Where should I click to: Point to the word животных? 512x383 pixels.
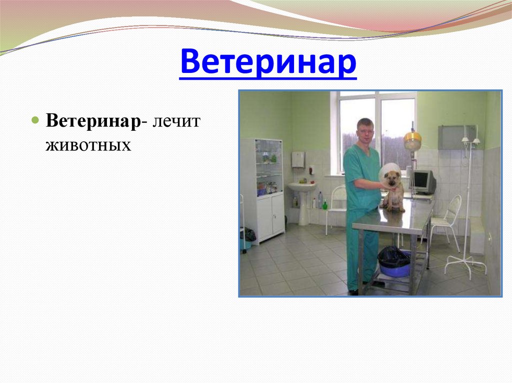pyautogui.click(x=88, y=145)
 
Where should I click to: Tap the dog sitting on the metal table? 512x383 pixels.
pyautogui.click(x=393, y=190)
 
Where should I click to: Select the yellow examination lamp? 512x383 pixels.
pyautogui.click(x=412, y=141)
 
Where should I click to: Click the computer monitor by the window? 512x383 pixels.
pyautogui.click(x=423, y=181)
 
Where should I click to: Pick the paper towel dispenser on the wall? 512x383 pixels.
pyautogui.click(x=298, y=159)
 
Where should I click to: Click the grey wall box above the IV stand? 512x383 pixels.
pyautogui.click(x=456, y=137)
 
